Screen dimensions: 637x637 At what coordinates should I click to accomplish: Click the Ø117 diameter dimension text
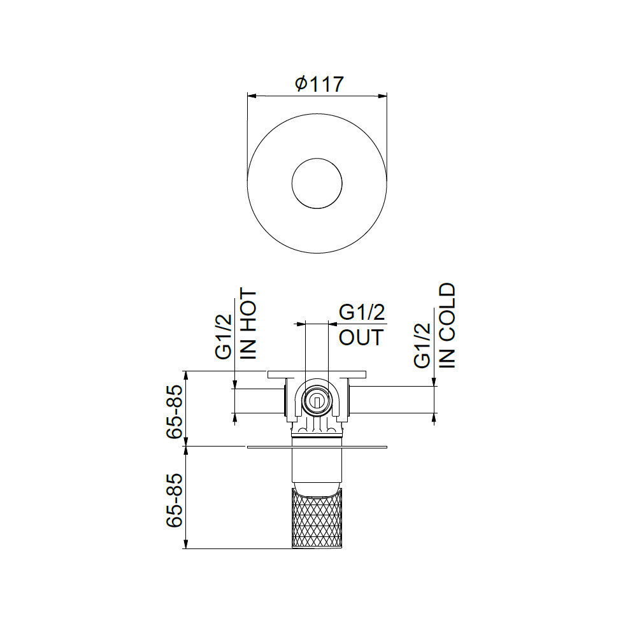pos(319,83)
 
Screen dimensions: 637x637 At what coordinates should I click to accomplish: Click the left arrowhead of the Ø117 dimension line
pos(252,96)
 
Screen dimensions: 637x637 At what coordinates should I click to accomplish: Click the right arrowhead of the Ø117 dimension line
pos(382,96)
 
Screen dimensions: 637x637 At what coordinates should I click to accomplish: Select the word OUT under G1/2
pos(361,337)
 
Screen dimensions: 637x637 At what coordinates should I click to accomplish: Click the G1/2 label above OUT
pos(362,312)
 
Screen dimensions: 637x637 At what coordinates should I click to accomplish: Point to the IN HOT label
pos(248,324)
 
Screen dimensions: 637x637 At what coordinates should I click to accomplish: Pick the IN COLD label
pos(447,326)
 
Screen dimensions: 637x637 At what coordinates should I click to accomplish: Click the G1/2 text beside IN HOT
pos(224,337)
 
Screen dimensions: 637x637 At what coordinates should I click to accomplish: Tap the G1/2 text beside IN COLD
pos(422,346)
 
